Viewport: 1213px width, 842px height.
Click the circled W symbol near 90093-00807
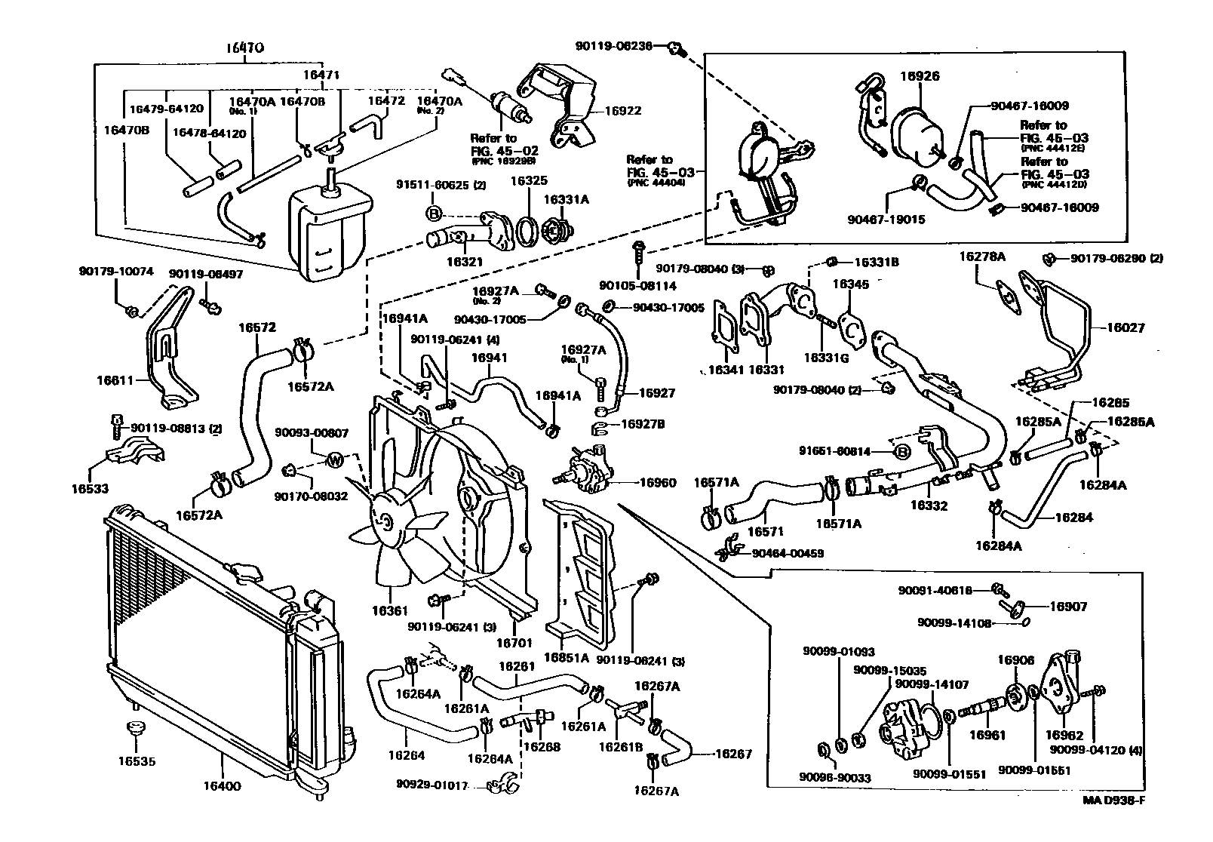tap(334, 460)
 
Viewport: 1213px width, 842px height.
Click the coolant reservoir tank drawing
tap(329, 230)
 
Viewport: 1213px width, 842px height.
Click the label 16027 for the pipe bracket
tap(1126, 328)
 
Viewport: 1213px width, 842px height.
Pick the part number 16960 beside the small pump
tap(659, 482)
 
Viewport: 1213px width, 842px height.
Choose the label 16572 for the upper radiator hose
tap(257, 328)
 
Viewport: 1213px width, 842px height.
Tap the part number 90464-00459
tap(788, 553)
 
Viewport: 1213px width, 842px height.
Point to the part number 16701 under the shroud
tap(514, 643)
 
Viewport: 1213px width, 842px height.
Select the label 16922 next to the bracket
tap(622, 111)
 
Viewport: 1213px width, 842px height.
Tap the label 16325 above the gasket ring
tap(529, 182)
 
